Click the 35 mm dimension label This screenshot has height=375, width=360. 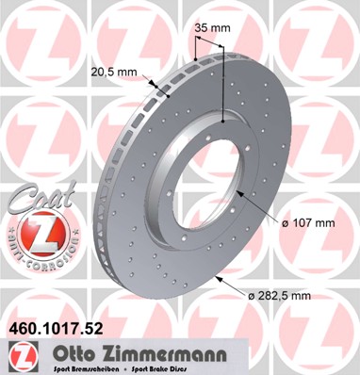tap(210, 28)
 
